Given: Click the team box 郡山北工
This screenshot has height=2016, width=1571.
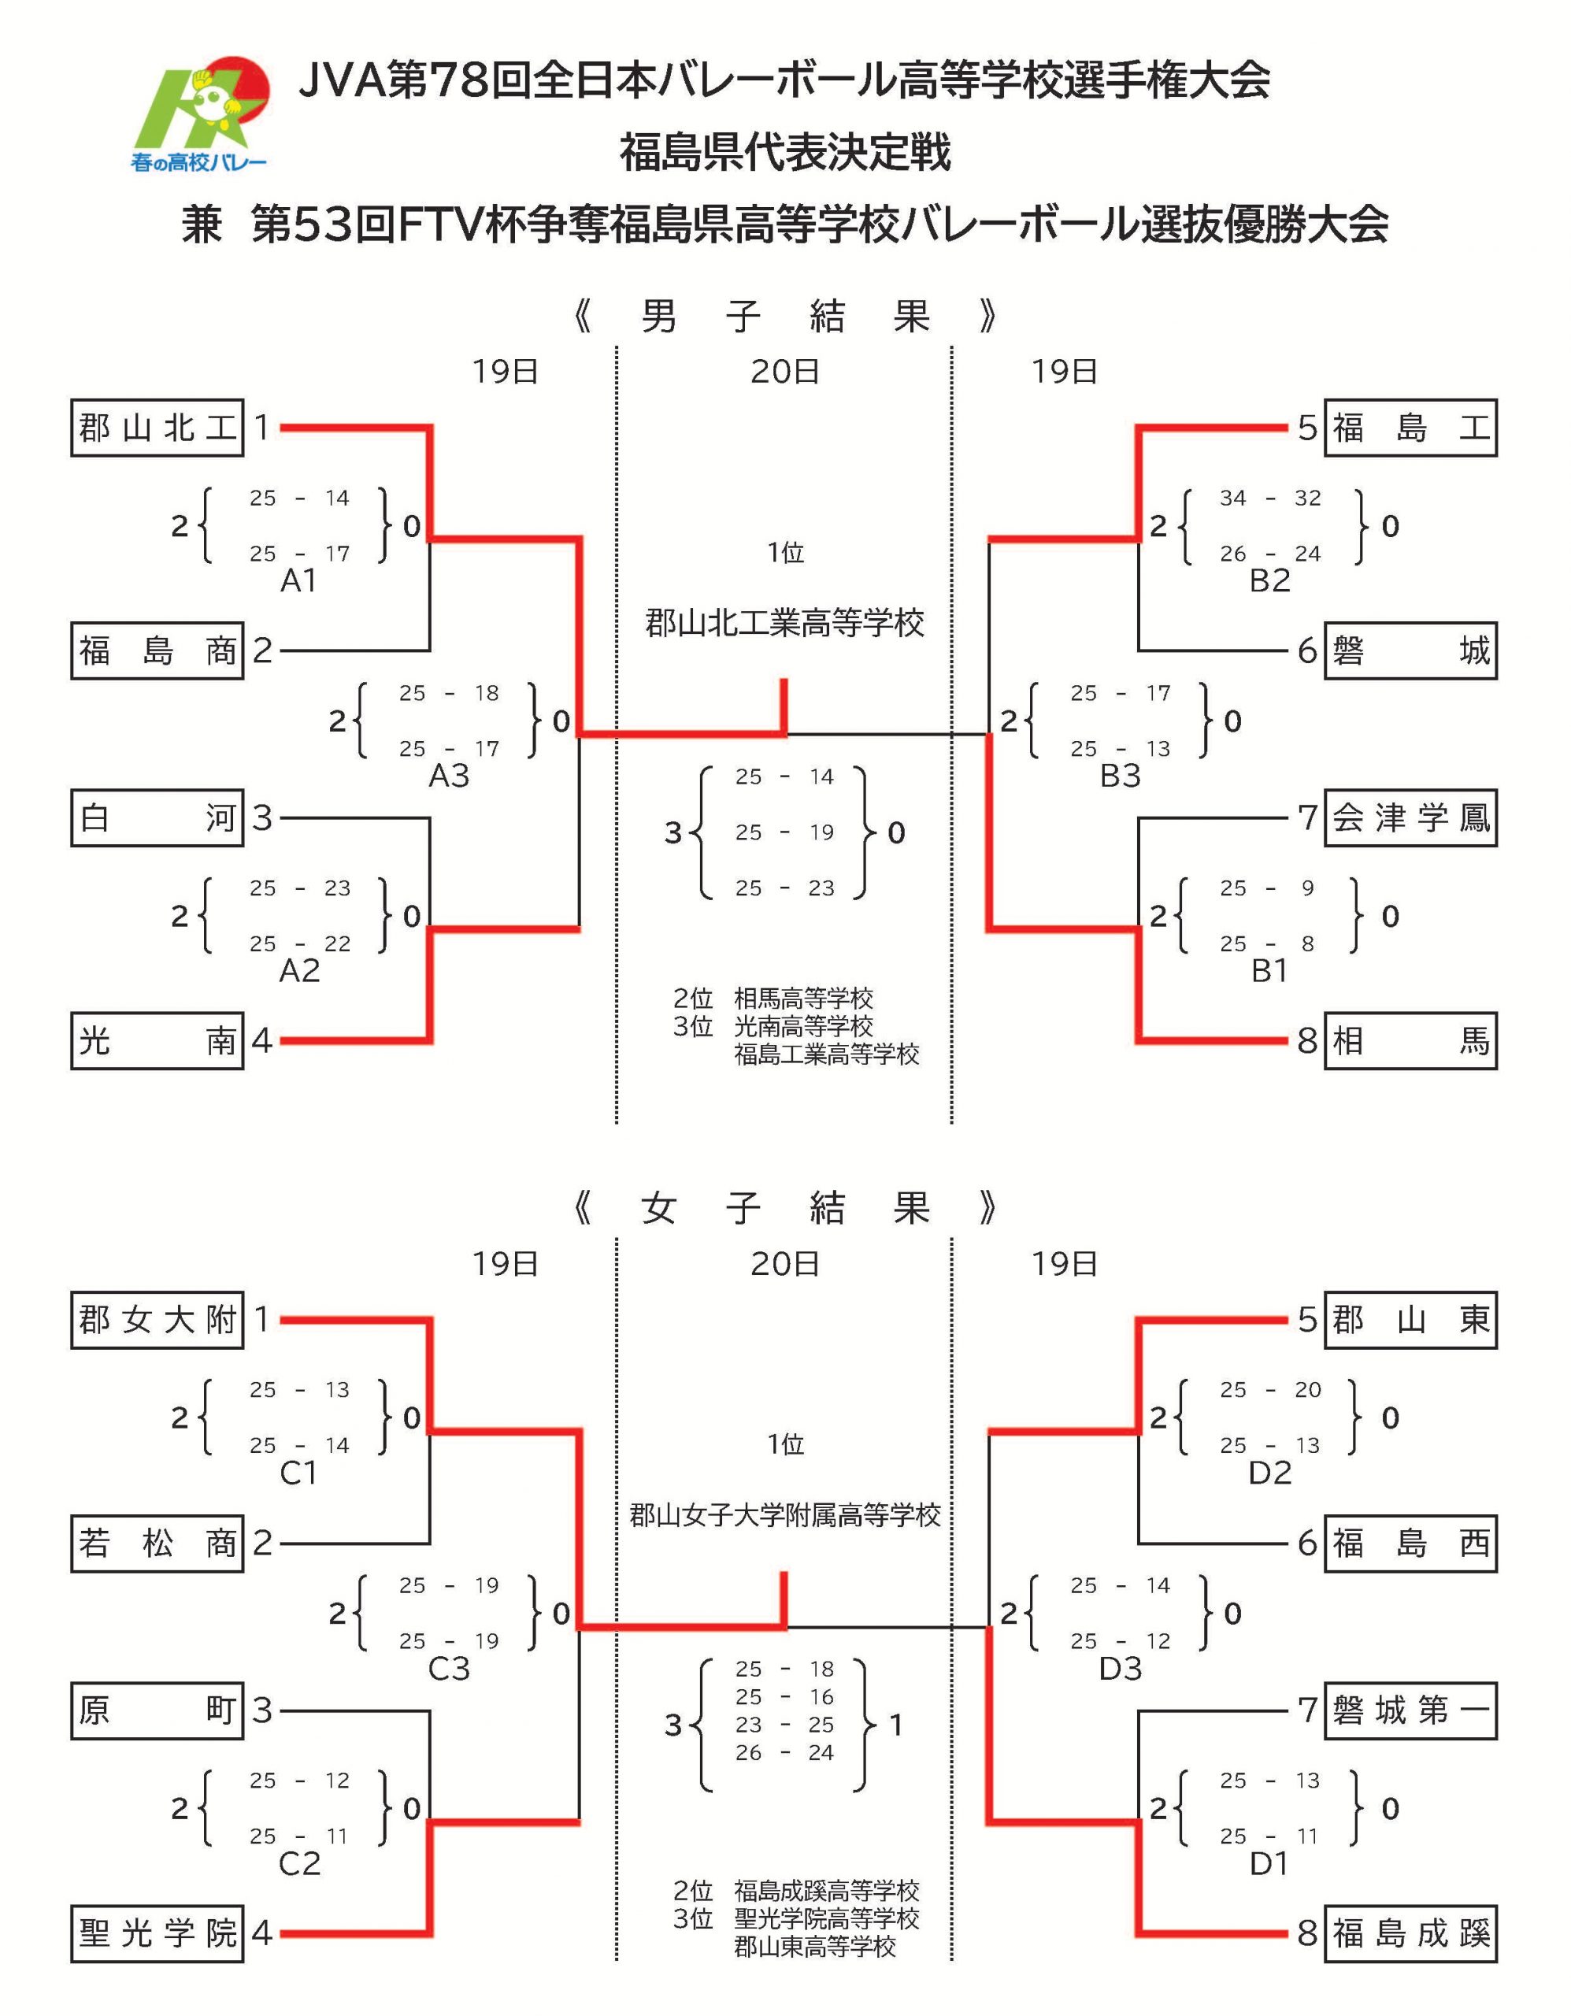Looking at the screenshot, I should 157,428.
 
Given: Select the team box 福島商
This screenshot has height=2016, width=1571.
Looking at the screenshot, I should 157,650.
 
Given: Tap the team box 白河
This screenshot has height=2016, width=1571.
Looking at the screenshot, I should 157,818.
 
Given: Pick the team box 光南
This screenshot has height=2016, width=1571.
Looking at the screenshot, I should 157,1041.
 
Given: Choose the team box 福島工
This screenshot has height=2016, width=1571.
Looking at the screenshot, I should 1410,428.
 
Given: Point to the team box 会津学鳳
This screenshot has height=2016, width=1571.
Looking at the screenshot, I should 1410,818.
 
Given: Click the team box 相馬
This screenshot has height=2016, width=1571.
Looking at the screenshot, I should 1410,1041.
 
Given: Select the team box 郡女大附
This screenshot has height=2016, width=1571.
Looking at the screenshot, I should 157,1320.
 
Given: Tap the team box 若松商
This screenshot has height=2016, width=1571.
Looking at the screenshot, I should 157,1543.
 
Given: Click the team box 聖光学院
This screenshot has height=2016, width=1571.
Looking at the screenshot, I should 157,1933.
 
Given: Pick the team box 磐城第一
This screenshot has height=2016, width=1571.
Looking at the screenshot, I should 1410,1710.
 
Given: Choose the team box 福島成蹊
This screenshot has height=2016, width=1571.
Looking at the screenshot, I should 1410,1933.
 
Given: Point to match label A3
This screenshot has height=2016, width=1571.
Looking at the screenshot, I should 450,776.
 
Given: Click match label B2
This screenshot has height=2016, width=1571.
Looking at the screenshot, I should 1269,580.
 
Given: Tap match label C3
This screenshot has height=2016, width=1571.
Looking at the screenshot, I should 450,1669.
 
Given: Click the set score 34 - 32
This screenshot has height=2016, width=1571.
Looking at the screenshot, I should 1269,498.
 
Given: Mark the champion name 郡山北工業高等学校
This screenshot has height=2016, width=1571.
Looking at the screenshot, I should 784,624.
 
